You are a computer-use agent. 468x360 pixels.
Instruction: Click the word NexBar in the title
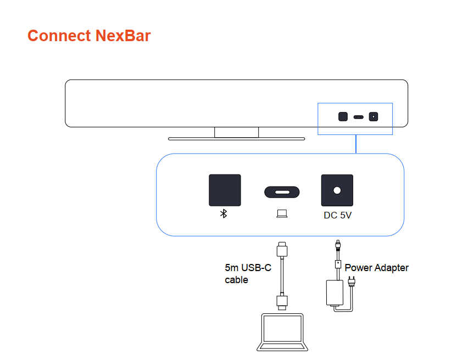tap(123, 36)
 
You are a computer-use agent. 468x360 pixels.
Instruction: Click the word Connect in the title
tap(59, 36)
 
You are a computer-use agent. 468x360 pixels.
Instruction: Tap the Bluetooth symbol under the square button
tap(224, 214)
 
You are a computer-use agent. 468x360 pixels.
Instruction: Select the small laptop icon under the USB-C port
tap(282, 213)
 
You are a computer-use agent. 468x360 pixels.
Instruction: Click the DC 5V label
tap(337, 216)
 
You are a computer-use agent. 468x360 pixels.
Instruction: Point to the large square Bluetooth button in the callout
tap(225, 190)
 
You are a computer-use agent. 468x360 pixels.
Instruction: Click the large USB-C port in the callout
tap(282, 192)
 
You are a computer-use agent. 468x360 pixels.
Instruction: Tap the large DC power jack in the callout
tap(337, 190)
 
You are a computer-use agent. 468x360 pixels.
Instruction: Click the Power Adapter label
tap(376, 268)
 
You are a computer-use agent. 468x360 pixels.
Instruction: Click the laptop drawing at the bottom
tap(282, 333)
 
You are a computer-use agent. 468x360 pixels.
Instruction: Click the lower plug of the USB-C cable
tap(282, 302)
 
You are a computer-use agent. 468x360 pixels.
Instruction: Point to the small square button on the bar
tap(343, 117)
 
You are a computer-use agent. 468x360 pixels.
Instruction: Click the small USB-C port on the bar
tap(358, 117)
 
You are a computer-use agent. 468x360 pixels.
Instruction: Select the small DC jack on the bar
tap(374, 117)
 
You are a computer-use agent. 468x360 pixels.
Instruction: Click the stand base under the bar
tap(236, 139)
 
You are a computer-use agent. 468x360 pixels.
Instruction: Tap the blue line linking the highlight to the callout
tap(356, 144)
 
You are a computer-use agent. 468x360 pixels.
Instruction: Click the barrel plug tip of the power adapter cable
tap(337, 245)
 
